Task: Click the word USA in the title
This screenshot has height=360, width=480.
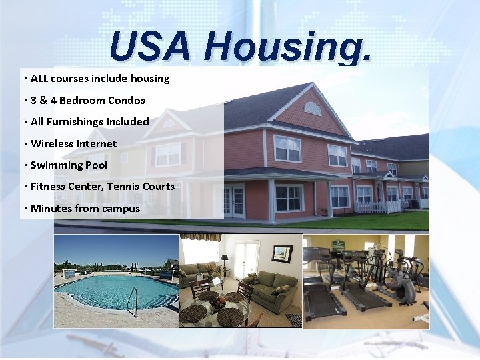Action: (x=151, y=47)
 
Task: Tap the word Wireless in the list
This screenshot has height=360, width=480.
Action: (x=52, y=143)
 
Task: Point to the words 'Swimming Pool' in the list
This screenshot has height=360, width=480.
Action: (x=69, y=165)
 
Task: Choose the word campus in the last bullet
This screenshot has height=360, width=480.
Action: (x=121, y=208)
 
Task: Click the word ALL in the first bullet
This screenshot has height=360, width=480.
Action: (x=39, y=79)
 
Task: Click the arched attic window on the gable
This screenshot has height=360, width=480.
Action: (x=312, y=108)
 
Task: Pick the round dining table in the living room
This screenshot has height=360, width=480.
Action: (x=217, y=304)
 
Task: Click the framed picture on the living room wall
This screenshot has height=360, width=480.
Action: (x=282, y=253)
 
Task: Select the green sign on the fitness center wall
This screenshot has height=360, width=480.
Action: (x=338, y=245)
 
